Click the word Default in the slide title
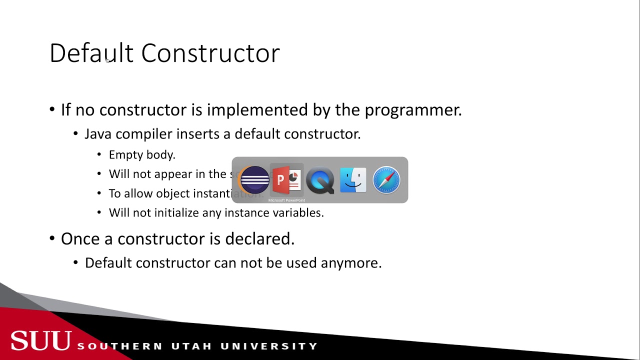[91, 53]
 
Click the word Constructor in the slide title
[210, 53]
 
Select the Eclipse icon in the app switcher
[254, 180]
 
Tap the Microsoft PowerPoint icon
[287, 180]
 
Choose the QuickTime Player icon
[320, 180]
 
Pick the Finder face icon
[353, 180]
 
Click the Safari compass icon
[386, 180]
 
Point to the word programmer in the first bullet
[412, 110]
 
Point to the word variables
[298, 212]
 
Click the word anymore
[351, 262]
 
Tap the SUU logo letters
[41, 341]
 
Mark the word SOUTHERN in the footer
[120, 346]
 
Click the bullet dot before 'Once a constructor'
[52, 238]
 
